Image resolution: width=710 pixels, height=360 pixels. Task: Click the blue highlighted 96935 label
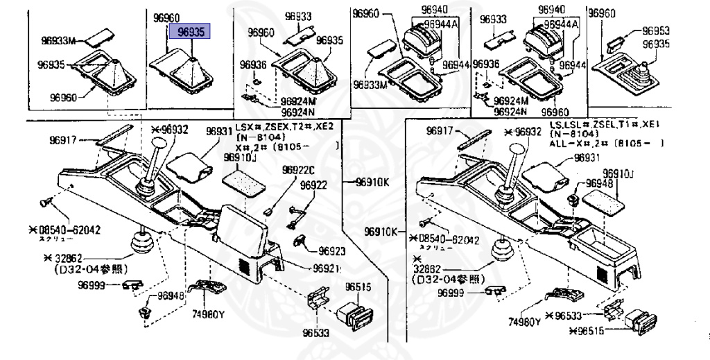[x=192, y=32]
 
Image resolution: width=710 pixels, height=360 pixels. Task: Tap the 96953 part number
[x=655, y=31]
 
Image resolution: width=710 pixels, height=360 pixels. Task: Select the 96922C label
[x=298, y=171]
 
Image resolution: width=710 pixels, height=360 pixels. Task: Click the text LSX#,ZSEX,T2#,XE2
[x=284, y=128]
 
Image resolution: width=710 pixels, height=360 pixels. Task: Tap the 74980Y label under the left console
[x=208, y=313]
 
